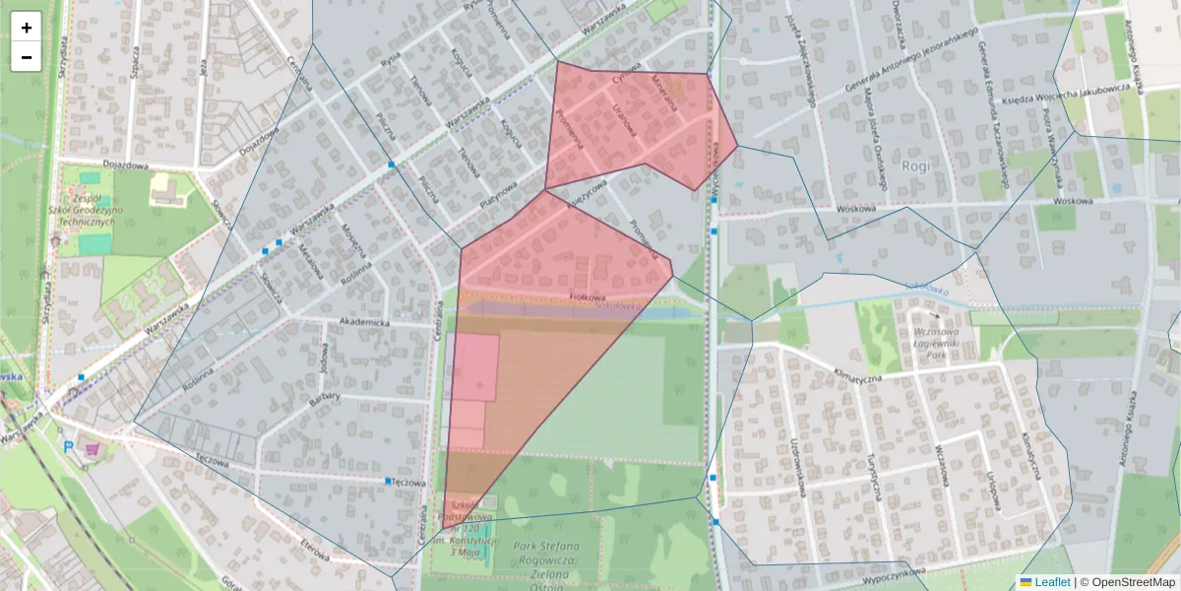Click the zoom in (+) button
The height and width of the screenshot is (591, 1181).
27,28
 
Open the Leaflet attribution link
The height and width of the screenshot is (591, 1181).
1052,582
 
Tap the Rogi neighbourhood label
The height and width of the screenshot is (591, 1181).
914,165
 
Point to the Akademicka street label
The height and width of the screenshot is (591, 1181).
364,322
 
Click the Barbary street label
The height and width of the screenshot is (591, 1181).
324,398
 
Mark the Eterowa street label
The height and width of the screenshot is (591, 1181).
315,549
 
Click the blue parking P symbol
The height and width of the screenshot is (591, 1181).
68,446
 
